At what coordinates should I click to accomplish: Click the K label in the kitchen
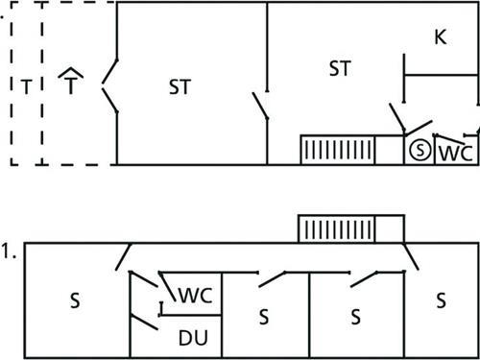coord(440,37)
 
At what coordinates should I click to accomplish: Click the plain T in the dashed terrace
coord(26,87)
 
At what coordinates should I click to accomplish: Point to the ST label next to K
coord(339,68)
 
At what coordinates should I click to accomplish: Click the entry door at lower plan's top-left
coord(123,257)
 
